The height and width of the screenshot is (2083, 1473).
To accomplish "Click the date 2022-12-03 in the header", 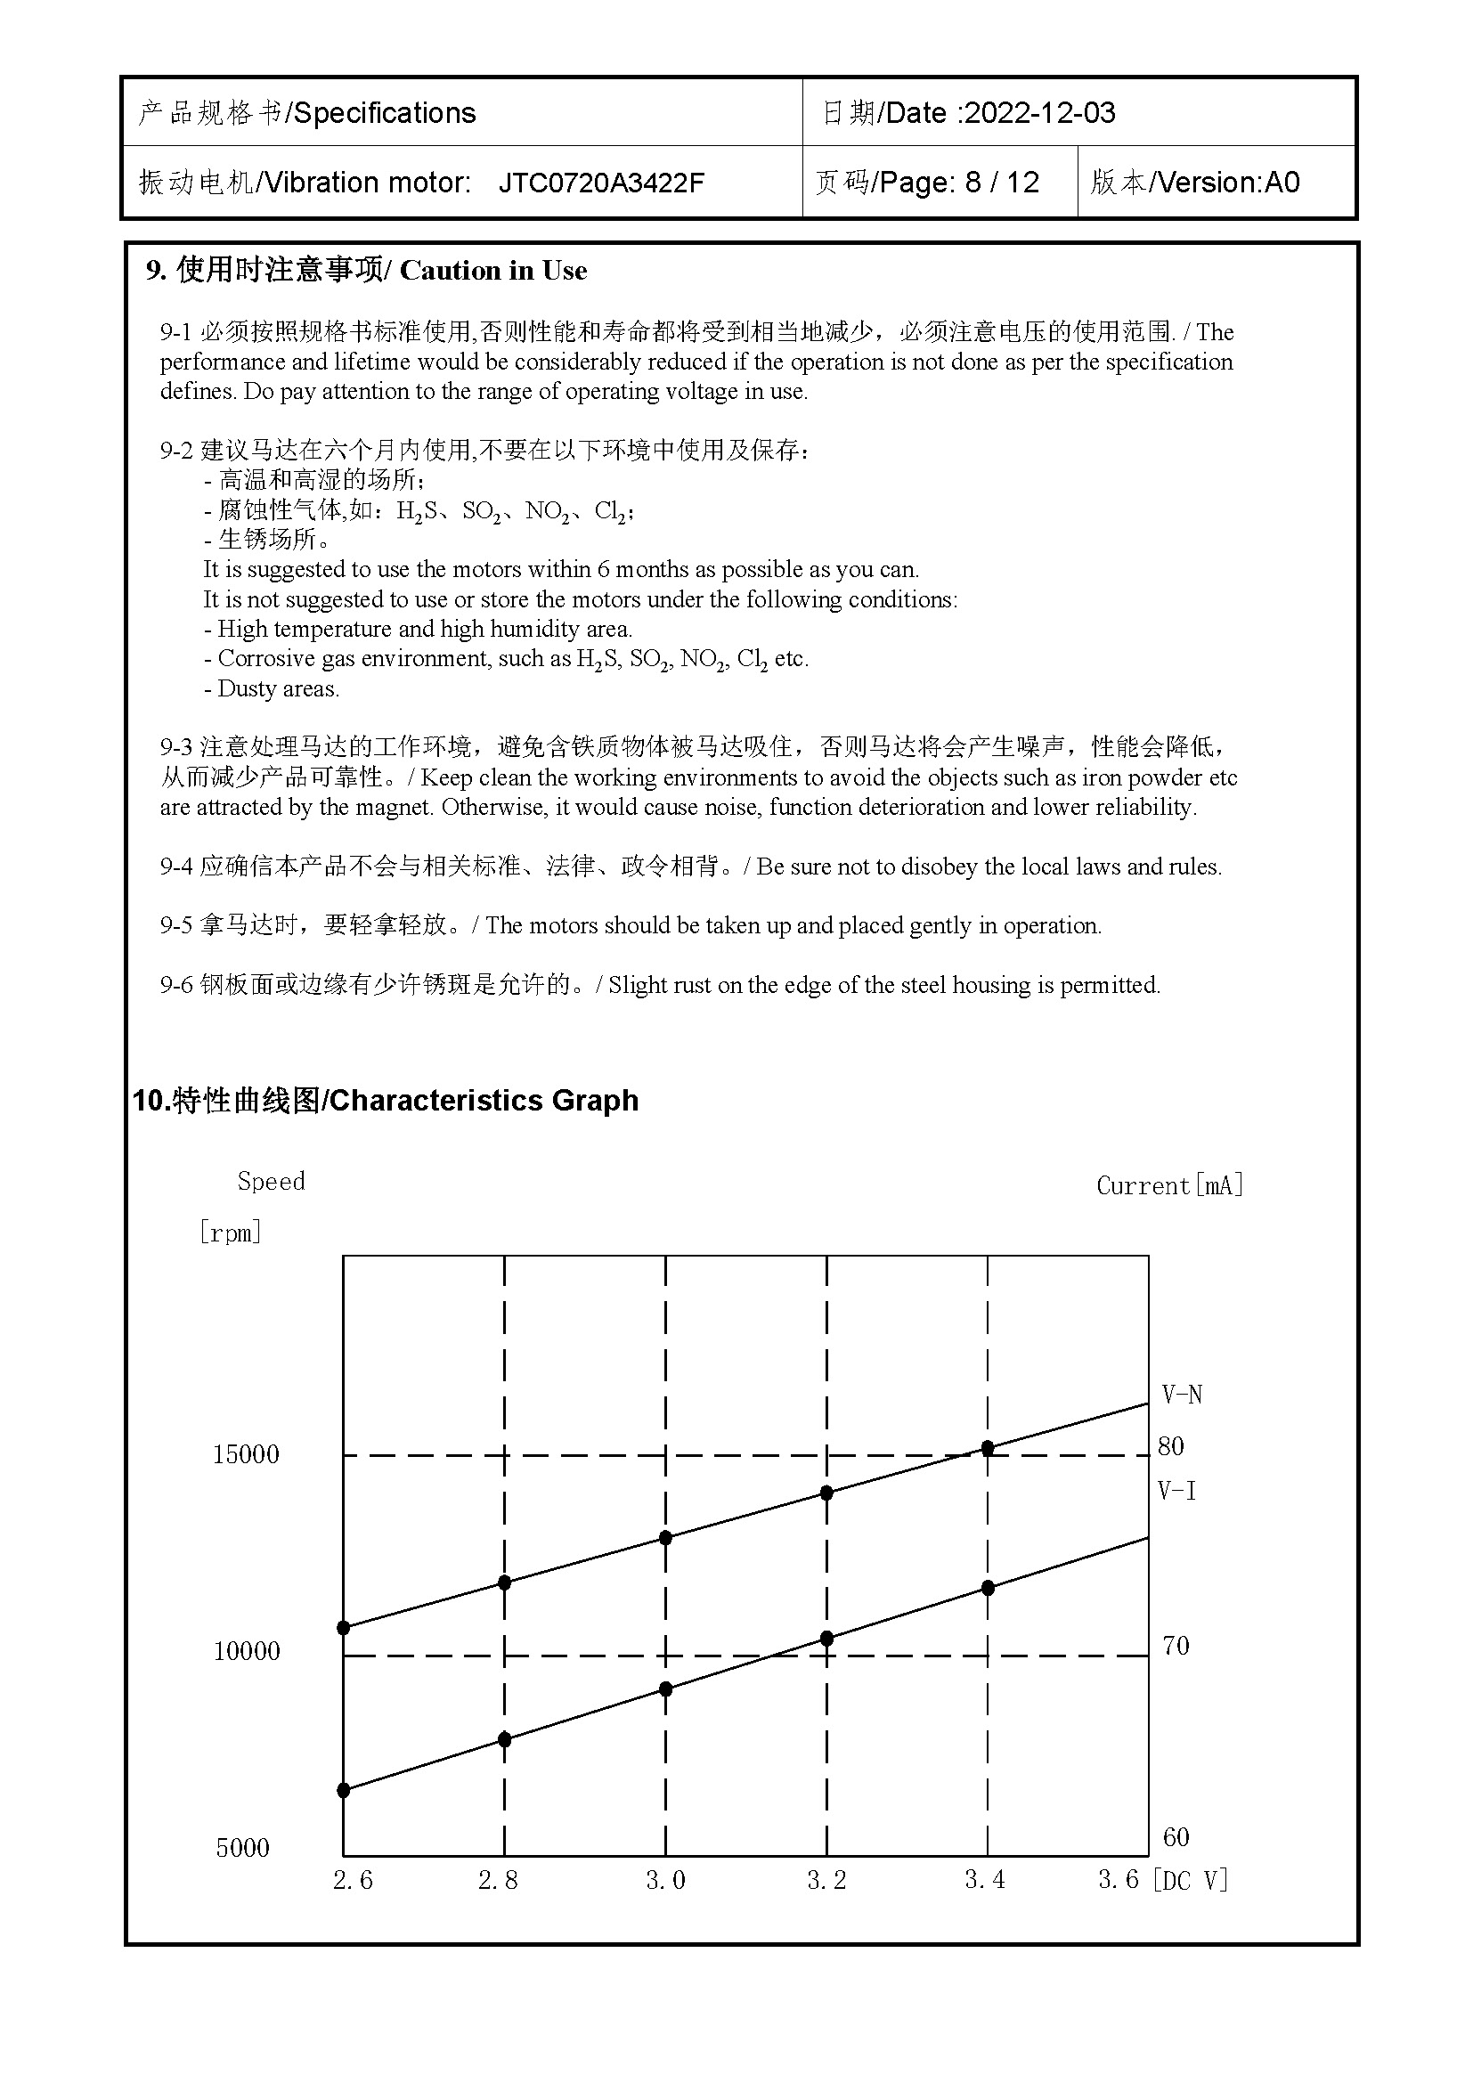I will (1039, 113).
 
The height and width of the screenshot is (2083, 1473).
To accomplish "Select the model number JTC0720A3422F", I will (601, 183).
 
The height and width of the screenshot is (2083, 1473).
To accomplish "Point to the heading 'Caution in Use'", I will (493, 271).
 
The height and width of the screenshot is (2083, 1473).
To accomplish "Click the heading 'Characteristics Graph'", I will (483, 1101).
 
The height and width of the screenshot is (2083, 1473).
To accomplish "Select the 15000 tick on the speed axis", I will (246, 1455).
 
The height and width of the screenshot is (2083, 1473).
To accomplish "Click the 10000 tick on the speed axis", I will (246, 1651).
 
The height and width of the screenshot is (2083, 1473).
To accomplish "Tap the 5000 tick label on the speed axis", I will (242, 1848).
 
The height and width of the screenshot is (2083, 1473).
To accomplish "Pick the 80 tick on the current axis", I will (1171, 1447).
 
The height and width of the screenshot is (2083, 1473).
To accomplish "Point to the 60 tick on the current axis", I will (1176, 1838).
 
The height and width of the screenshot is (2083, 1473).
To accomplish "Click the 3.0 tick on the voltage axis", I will (666, 1881).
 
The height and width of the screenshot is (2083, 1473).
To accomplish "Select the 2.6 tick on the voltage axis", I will (353, 1881).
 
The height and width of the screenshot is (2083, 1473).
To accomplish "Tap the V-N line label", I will (1182, 1395).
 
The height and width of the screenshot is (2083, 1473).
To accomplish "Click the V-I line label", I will (1177, 1491).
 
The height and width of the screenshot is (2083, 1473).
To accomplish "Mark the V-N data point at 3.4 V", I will (988, 1449).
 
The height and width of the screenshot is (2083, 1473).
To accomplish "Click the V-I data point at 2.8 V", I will (505, 1740).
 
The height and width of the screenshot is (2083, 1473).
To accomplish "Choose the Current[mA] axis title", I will (1170, 1185).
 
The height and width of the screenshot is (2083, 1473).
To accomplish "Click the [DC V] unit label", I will (1190, 1881).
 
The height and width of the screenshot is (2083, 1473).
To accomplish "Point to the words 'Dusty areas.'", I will (278, 689).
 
